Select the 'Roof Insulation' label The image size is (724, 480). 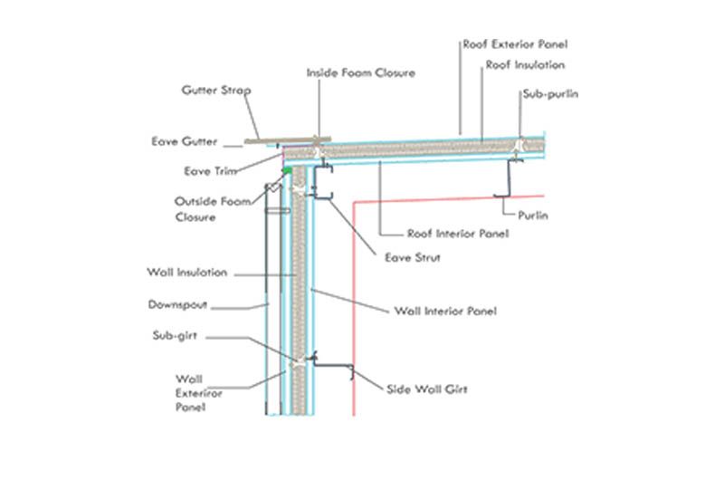(525, 65)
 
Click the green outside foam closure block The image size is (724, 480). (288, 169)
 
